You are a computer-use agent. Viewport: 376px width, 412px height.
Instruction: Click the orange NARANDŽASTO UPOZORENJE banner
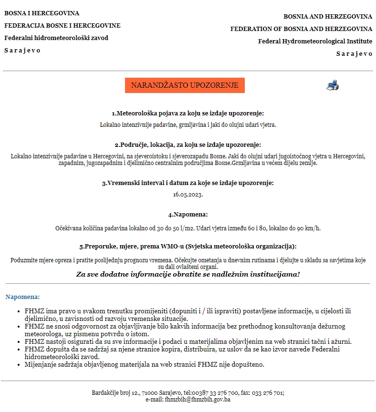(x=185, y=85)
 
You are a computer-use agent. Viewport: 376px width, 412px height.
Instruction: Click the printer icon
(x=333, y=85)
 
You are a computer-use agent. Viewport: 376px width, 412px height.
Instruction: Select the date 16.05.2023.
(x=188, y=195)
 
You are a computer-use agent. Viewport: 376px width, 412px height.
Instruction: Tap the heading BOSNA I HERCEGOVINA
(x=42, y=13)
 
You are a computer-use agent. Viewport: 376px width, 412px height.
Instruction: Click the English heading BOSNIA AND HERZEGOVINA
(x=328, y=17)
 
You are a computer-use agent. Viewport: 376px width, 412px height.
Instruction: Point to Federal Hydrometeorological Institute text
(x=315, y=41)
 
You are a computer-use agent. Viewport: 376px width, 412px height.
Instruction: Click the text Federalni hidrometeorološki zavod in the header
(x=56, y=38)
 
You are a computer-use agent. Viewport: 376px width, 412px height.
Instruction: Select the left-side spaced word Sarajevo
(x=22, y=51)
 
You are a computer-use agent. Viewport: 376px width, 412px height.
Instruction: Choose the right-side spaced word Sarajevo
(x=354, y=54)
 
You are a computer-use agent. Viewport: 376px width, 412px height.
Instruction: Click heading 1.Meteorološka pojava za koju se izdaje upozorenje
(x=188, y=113)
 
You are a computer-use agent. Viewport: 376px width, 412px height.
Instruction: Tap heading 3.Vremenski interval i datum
(x=188, y=183)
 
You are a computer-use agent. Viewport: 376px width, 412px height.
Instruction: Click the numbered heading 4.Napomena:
(x=188, y=215)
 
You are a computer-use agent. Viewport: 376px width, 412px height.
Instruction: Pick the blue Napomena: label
(x=22, y=297)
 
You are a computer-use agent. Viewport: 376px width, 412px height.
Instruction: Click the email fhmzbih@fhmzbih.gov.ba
(x=198, y=400)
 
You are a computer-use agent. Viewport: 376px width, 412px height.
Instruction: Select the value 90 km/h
(x=308, y=228)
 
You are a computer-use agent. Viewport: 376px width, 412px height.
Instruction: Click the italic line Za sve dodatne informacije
(x=188, y=274)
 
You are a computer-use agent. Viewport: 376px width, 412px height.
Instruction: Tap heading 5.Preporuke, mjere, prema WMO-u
(x=188, y=247)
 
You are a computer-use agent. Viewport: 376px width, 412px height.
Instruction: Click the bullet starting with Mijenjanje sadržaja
(x=144, y=365)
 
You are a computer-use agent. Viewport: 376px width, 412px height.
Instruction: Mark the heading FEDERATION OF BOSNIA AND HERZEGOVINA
(x=301, y=29)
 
